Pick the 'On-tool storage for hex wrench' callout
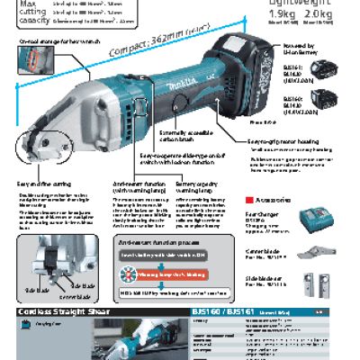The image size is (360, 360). [45, 41]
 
